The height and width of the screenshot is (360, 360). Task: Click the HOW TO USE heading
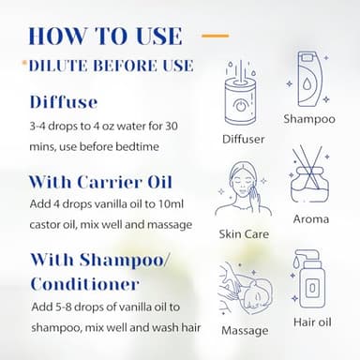click(104, 35)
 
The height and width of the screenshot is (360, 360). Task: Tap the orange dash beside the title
click(215, 36)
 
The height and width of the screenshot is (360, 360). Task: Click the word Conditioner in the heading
click(87, 281)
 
